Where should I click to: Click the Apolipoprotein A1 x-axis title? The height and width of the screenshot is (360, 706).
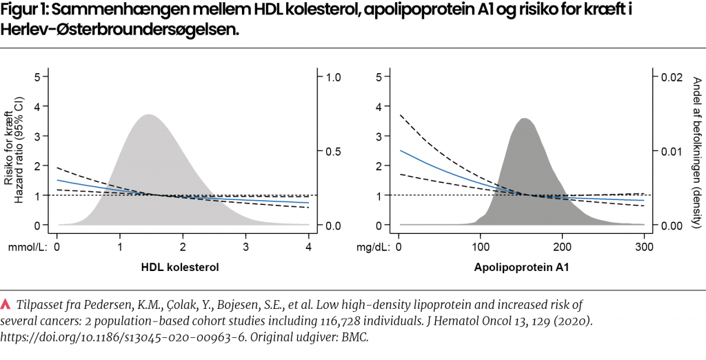click(521, 268)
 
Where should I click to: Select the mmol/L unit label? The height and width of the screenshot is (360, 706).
click(28, 247)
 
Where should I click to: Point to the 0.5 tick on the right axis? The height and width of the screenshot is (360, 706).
click(334, 152)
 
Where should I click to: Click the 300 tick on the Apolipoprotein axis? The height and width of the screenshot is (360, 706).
click(644, 247)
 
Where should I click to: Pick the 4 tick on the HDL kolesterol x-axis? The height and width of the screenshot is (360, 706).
click(309, 247)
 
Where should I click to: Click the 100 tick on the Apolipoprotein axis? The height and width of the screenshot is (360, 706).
click(480, 247)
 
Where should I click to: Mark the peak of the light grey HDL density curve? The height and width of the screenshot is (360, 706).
click(146, 115)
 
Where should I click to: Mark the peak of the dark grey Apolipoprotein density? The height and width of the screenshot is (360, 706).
click(525, 119)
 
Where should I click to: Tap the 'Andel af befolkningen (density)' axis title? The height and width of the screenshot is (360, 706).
click(695, 152)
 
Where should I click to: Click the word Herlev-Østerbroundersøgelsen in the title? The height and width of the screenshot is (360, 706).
click(121, 31)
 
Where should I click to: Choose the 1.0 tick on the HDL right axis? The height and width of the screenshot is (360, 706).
click(334, 77)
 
